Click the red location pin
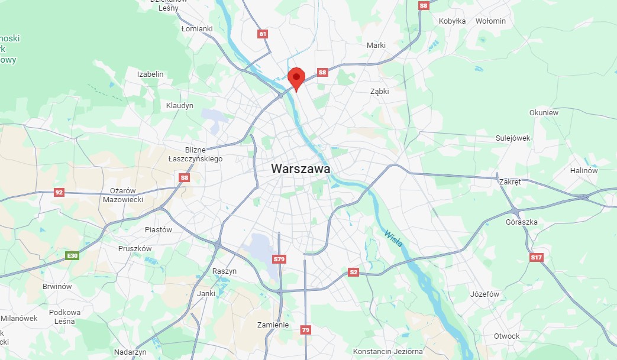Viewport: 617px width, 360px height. (296, 78)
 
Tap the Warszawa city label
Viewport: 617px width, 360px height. (301, 168)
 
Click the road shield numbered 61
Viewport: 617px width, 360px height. (263, 34)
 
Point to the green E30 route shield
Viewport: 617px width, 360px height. (72, 255)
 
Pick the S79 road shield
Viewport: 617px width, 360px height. (279, 259)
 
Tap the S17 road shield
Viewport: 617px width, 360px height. (536, 257)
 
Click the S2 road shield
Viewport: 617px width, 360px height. (353, 272)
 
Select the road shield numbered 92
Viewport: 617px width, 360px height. (59, 192)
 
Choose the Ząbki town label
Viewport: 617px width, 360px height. (380, 92)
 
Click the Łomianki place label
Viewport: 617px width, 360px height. (197, 28)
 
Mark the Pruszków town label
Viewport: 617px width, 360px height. (135, 249)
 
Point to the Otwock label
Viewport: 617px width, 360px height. (506, 336)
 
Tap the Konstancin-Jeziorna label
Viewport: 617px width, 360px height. (387, 351)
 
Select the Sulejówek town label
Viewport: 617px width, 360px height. (513, 138)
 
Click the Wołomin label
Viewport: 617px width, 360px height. (491, 21)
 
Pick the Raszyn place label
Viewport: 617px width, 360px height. (224, 271)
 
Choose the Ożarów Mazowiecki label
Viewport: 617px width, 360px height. (123, 195)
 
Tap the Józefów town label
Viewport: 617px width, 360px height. (484, 294)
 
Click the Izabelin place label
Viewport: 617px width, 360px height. (150, 74)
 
